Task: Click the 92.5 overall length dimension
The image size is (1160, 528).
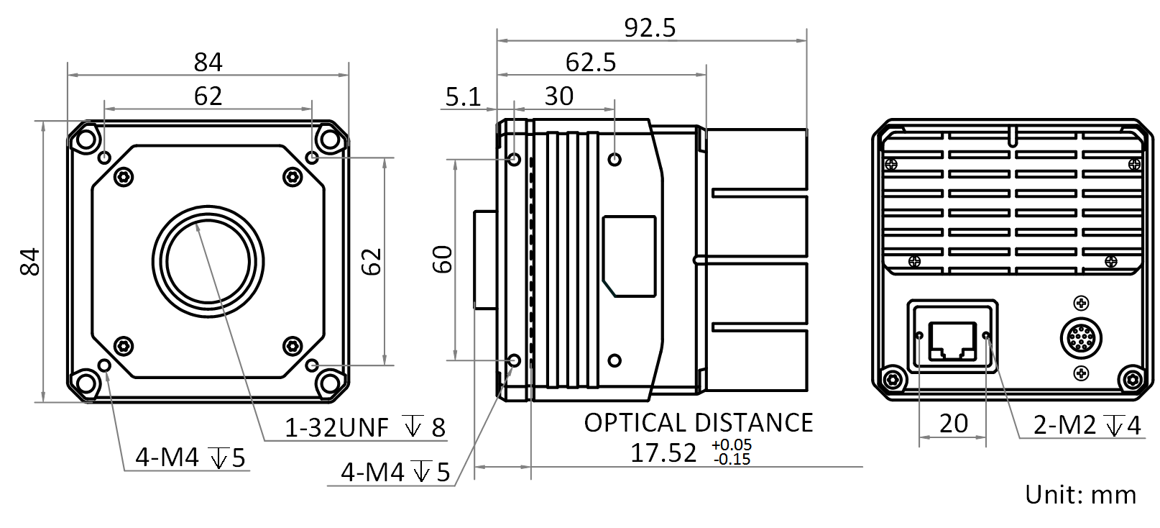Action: point(650,28)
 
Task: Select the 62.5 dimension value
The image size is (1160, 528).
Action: point(591,63)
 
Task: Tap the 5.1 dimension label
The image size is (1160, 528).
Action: point(463,97)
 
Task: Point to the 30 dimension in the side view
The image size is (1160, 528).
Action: point(559,96)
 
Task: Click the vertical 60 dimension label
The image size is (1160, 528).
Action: point(443,259)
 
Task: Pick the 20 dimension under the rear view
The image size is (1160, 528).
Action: point(954,423)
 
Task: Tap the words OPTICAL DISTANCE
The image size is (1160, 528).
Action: point(699,423)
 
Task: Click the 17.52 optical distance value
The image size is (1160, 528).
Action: point(663,453)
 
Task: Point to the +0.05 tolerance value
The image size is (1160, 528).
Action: point(731,445)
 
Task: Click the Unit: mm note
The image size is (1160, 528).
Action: point(1081,495)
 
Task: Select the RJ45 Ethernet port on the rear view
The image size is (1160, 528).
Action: point(953,340)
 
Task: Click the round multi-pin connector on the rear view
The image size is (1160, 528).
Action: point(1081,339)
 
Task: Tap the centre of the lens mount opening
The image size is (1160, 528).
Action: point(208,262)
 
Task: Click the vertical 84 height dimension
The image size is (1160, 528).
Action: point(30,262)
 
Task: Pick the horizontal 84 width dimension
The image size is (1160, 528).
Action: point(208,63)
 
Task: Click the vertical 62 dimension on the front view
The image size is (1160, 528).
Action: point(372,262)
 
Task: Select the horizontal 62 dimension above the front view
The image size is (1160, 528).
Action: point(208,96)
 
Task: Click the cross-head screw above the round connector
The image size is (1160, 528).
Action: point(1081,303)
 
